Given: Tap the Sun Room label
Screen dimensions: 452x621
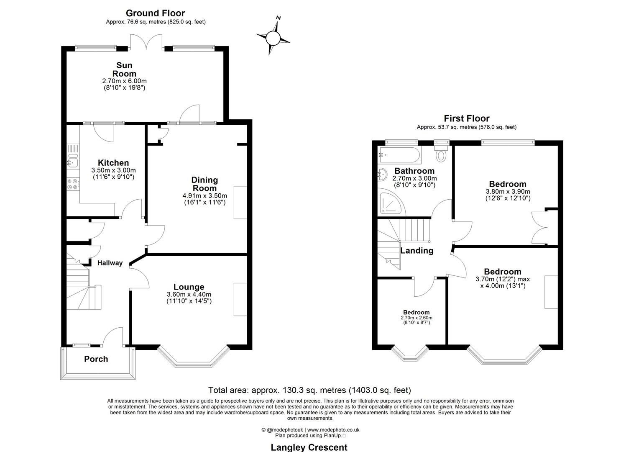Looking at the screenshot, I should pos(124,69).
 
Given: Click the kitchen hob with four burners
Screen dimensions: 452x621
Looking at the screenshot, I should pos(72,184).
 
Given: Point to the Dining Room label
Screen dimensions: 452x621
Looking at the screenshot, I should pos(204,184).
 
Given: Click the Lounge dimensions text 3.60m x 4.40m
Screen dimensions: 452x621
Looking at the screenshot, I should pos(189,294).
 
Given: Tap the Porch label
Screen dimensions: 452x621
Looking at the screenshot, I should pos(96,359).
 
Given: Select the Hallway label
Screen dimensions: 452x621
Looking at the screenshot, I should pos(110,263).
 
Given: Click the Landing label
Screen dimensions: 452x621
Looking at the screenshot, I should pos(417,251).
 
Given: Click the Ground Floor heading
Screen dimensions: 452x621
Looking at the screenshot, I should pos(155,13).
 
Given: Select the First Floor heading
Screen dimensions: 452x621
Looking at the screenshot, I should pos(466,118).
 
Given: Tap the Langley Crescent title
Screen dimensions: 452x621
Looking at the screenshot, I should pos(309,447).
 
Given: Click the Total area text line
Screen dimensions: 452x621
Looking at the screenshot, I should pos(309,390).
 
